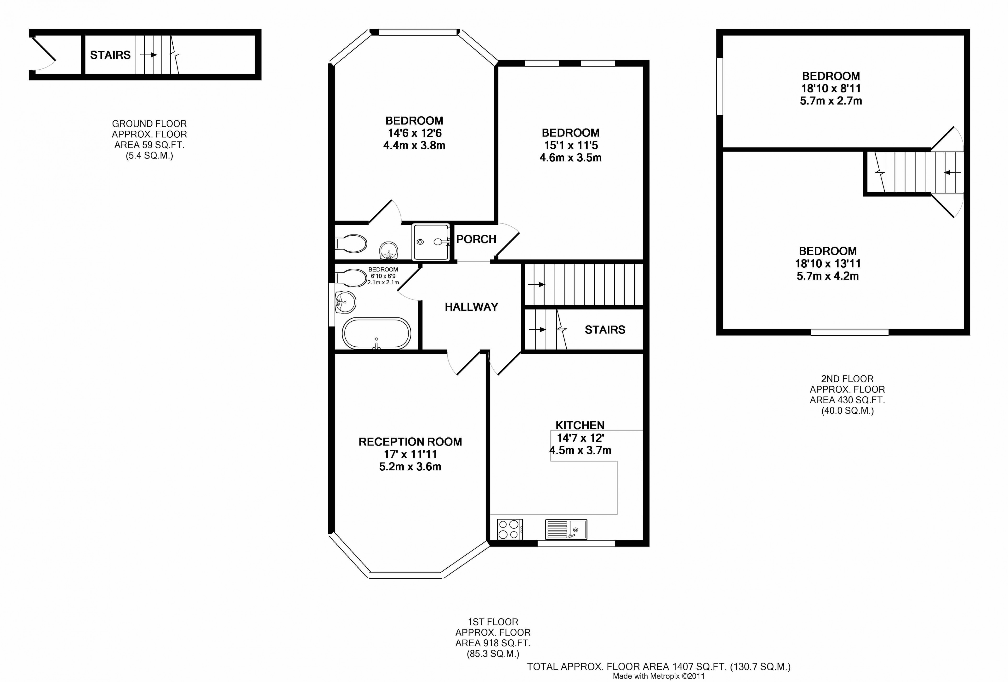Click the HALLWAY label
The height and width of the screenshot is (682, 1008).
(x=471, y=307)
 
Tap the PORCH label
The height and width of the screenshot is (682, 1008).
(x=476, y=239)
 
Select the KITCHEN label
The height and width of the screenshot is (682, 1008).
(x=580, y=425)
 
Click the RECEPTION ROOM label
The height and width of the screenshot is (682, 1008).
(x=410, y=442)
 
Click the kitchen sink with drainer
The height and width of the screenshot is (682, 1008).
(x=566, y=529)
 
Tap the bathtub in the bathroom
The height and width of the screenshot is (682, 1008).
(x=376, y=334)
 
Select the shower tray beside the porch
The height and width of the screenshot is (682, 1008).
(x=430, y=242)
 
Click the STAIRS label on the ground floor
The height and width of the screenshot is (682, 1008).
(x=110, y=55)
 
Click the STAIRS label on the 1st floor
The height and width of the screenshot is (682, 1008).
(x=605, y=330)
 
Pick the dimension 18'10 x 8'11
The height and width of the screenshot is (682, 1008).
(x=831, y=88)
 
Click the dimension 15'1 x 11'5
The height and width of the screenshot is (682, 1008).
(x=571, y=145)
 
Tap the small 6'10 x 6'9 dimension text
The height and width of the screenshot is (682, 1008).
(x=383, y=276)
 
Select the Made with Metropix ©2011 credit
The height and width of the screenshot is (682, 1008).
(x=658, y=676)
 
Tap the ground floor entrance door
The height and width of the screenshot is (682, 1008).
(x=43, y=54)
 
